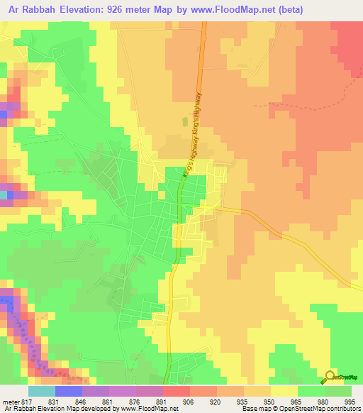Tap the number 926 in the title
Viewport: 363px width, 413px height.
tap(132, 9)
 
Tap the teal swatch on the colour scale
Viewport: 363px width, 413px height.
tap(41, 391)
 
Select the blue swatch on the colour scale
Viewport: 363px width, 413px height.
tap(68, 391)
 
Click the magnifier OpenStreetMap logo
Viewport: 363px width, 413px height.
tap(330, 377)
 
